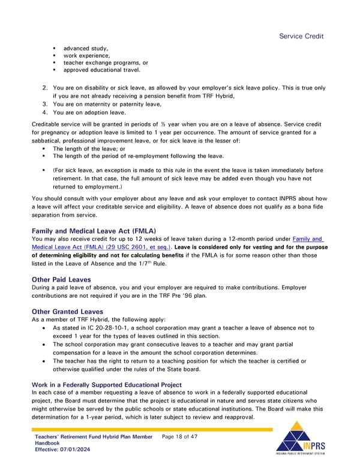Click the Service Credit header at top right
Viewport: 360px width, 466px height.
click(x=301, y=36)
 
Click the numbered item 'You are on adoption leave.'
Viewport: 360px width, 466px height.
click(x=89, y=112)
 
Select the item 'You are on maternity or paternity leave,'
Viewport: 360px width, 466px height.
click(x=107, y=104)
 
